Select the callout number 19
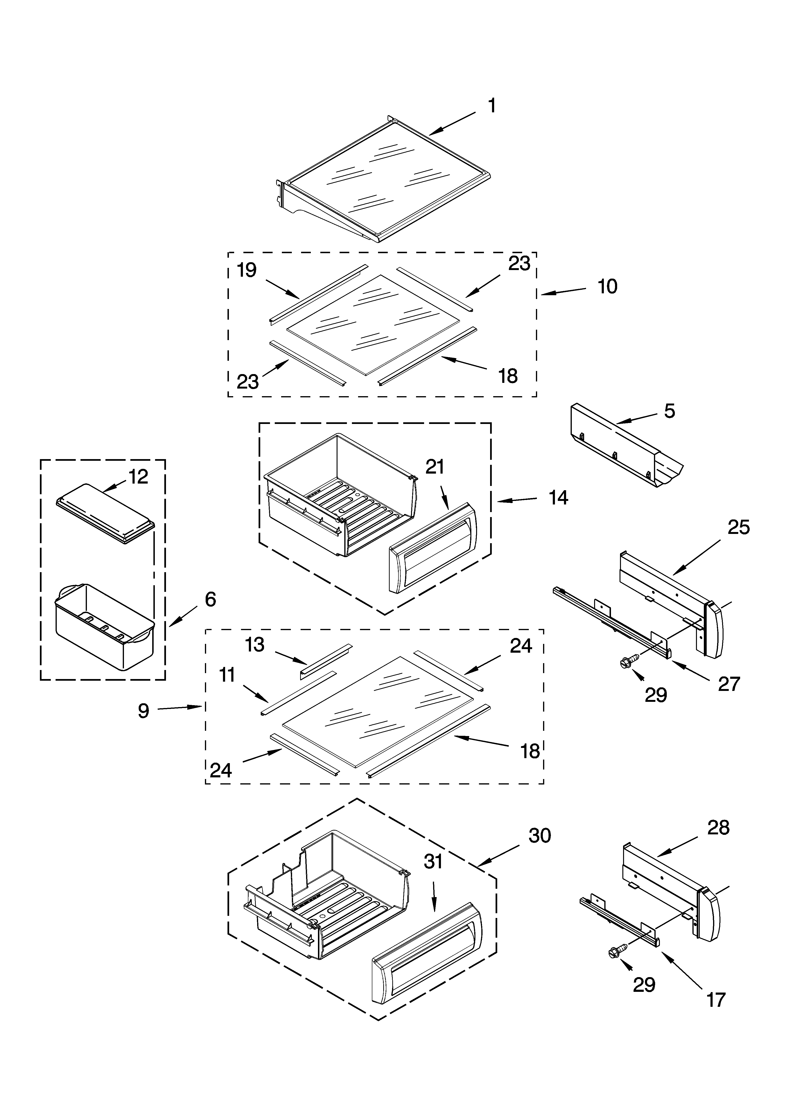tap(247, 270)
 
